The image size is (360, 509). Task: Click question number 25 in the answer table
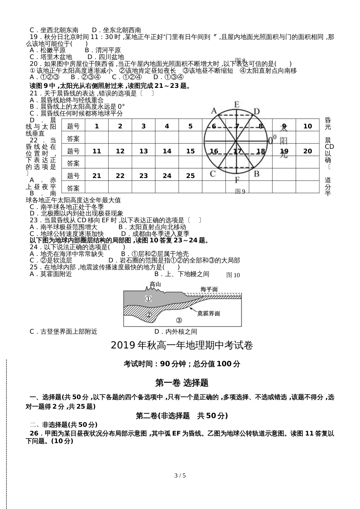190,176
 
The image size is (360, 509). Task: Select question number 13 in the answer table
144,151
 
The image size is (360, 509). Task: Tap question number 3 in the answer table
144,126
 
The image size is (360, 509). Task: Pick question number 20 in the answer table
307,151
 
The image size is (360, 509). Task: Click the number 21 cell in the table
97,176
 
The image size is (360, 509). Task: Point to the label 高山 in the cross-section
155,284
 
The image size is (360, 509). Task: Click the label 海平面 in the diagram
209,289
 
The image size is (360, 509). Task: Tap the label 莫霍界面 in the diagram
208,314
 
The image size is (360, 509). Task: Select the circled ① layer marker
148,298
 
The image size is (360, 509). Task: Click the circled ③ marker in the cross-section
179,320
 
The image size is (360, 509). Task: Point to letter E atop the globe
237,105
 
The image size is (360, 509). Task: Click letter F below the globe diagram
237,180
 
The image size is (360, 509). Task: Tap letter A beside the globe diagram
214,111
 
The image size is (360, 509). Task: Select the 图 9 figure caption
240,192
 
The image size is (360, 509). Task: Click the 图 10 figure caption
233,275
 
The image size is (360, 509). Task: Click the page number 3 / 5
180,476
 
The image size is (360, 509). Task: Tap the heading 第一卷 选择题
182,383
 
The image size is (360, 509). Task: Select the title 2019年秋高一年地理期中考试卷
182,345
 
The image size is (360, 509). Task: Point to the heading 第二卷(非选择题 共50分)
182,415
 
